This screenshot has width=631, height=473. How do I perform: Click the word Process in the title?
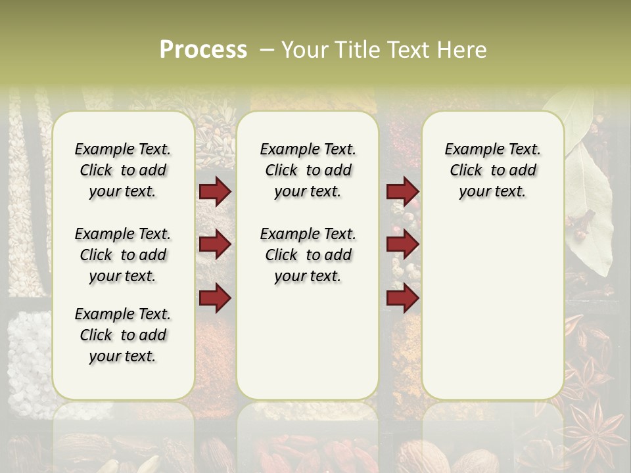(x=203, y=50)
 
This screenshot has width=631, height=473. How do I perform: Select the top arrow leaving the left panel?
(x=215, y=191)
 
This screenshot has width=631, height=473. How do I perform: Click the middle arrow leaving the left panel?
(x=215, y=244)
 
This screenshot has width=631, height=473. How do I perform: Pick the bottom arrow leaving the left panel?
(x=215, y=298)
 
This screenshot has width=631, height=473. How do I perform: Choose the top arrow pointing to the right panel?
(x=402, y=191)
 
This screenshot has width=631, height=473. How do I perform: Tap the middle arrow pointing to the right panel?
(x=402, y=244)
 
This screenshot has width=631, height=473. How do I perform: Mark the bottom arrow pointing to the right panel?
(x=402, y=298)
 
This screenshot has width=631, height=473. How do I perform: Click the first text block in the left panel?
(x=123, y=170)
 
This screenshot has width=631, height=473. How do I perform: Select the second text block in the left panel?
(x=123, y=255)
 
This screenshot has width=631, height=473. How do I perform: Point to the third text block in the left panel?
(x=123, y=335)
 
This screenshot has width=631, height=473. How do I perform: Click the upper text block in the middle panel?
(x=308, y=170)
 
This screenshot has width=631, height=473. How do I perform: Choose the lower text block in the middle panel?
(x=308, y=255)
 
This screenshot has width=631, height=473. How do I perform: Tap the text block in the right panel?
(x=492, y=170)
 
